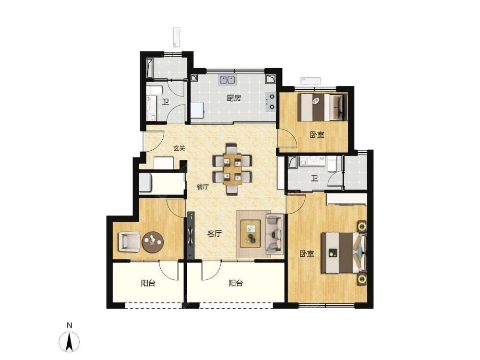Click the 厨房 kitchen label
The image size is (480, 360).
(x=234, y=98)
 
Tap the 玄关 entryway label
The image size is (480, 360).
(x=179, y=148)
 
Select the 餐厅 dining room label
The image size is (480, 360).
(x=203, y=186)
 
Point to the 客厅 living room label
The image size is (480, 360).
(x=214, y=234)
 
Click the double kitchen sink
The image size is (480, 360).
(x=227, y=80)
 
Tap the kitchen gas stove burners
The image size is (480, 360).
(x=271, y=102)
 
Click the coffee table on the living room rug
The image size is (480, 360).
(x=251, y=234)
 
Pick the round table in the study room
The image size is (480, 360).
(x=153, y=242)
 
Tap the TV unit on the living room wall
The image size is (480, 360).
(x=191, y=235)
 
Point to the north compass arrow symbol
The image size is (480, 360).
(x=70, y=341)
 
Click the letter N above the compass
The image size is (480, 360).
(x=70, y=325)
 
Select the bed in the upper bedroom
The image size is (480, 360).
(x=323, y=108)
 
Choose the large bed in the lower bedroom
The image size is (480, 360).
(x=343, y=253)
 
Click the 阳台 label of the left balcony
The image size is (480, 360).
(x=148, y=283)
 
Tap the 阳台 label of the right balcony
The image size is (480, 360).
(x=236, y=283)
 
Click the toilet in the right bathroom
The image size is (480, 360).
(x=332, y=164)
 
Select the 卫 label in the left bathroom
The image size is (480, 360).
(x=166, y=102)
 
